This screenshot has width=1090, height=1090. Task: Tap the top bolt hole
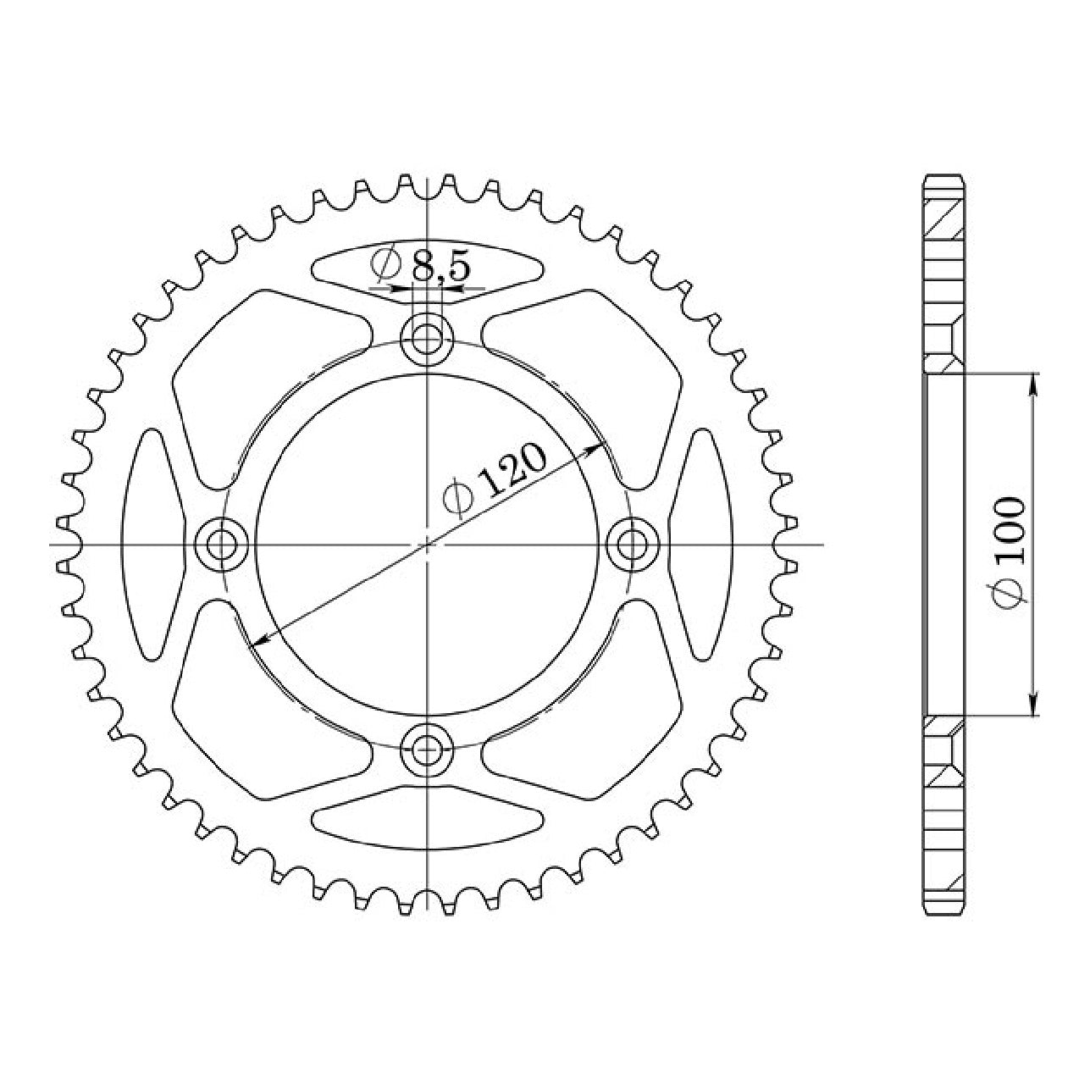pos(427,340)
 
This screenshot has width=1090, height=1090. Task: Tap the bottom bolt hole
pos(427,750)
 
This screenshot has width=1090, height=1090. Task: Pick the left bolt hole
pos(221,545)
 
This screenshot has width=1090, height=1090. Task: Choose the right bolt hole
pos(633,545)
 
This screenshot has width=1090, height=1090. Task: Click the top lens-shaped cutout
pos(427,270)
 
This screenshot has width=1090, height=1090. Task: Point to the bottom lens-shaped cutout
pos(427,817)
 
